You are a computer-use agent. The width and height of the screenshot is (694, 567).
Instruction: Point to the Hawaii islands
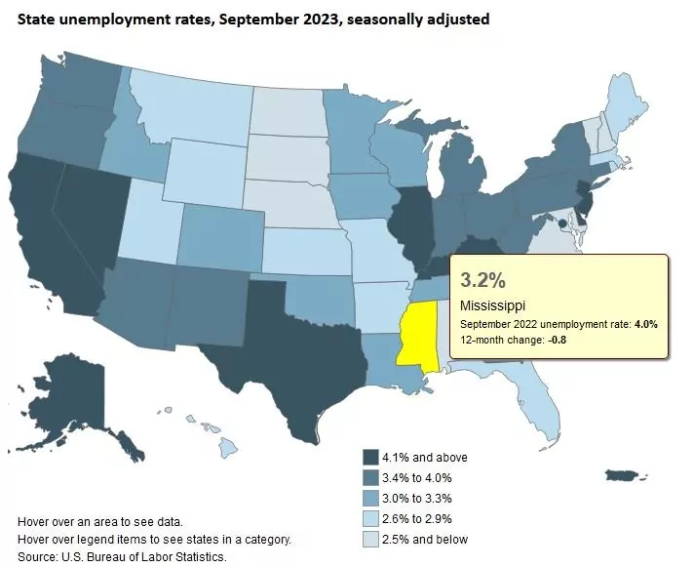227,448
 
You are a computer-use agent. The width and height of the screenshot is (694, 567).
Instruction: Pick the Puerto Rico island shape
623,475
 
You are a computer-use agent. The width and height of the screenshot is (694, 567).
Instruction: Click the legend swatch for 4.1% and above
370,458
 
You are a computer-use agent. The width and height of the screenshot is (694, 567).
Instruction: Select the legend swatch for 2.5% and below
370,540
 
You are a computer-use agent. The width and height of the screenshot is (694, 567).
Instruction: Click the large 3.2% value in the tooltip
482,281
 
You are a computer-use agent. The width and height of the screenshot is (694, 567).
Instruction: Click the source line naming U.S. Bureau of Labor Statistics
122,556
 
